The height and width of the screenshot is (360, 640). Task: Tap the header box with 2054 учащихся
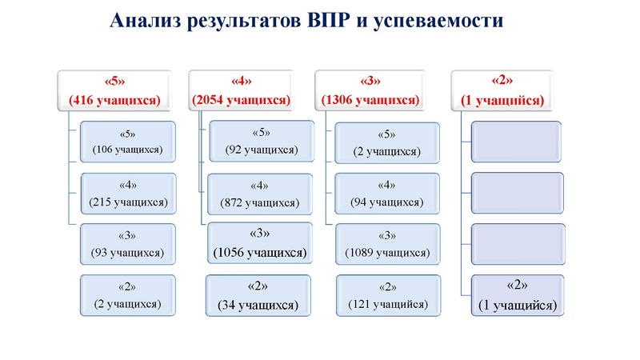click(x=241, y=90)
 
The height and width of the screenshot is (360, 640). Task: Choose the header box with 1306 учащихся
click(x=370, y=90)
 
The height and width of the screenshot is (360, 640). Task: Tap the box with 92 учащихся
click(x=258, y=140)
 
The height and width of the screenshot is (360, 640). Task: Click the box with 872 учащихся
click(x=258, y=194)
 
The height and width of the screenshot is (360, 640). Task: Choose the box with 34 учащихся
click(x=258, y=295)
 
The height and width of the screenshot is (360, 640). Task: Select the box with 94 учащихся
click(x=388, y=193)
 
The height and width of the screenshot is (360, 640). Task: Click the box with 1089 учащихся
click(x=388, y=244)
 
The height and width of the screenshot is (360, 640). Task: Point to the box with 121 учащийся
click(x=388, y=295)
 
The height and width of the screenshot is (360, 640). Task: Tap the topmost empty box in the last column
click(x=518, y=140)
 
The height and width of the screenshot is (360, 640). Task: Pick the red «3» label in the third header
click(x=370, y=81)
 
